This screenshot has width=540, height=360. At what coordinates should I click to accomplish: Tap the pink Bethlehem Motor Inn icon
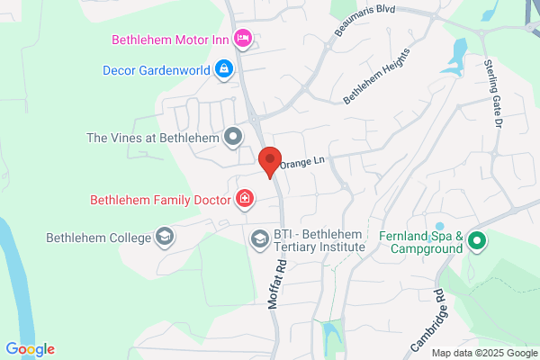point(241,39)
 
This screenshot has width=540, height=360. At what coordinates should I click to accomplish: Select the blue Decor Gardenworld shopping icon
point(223,68)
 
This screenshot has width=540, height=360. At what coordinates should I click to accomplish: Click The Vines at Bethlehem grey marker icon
point(233,138)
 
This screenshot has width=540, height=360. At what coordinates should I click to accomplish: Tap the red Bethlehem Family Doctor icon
point(244,199)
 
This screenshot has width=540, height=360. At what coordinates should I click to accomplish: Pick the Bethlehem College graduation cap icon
point(164,238)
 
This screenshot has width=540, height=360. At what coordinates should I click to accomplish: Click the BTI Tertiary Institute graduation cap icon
point(259,238)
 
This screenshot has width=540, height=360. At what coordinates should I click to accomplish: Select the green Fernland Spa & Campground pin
point(477,240)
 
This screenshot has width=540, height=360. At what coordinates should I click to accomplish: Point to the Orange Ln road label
point(301,163)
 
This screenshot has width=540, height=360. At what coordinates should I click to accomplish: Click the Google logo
point(30,349)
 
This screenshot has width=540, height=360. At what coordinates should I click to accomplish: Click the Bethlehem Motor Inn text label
point(169,40)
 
